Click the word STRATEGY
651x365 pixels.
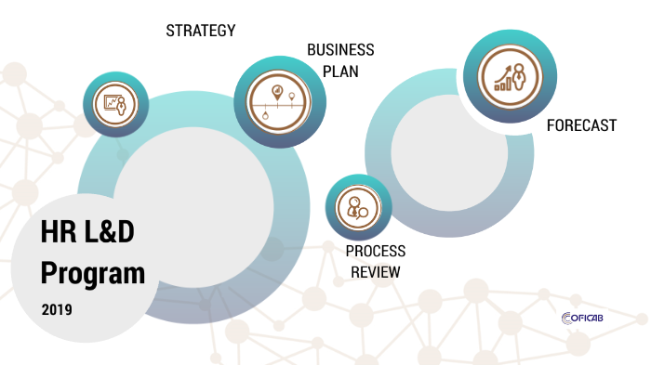click(201, 31)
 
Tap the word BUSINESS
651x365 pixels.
click(340, 50)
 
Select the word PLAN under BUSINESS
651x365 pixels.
click(340, 72)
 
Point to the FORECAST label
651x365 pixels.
click(581, 125)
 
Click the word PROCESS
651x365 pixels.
click(376, 251)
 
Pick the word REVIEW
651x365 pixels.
click(376, 272)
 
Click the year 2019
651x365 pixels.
click(57, 309)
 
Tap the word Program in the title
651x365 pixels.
click(93, 274)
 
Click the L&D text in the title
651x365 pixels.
click(109, 231)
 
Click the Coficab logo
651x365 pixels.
click(582, 319)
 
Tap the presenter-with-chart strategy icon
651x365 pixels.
click(115, 104)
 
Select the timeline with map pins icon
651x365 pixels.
click(278, 102)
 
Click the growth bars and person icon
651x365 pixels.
click(511, 77)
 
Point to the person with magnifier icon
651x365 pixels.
click(358, 207)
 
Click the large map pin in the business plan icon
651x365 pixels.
click(277, 92)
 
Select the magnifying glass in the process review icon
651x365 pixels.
click(362, 214)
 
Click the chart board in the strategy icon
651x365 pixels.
click(111, 101)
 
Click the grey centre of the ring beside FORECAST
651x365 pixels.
click(449, 152)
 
